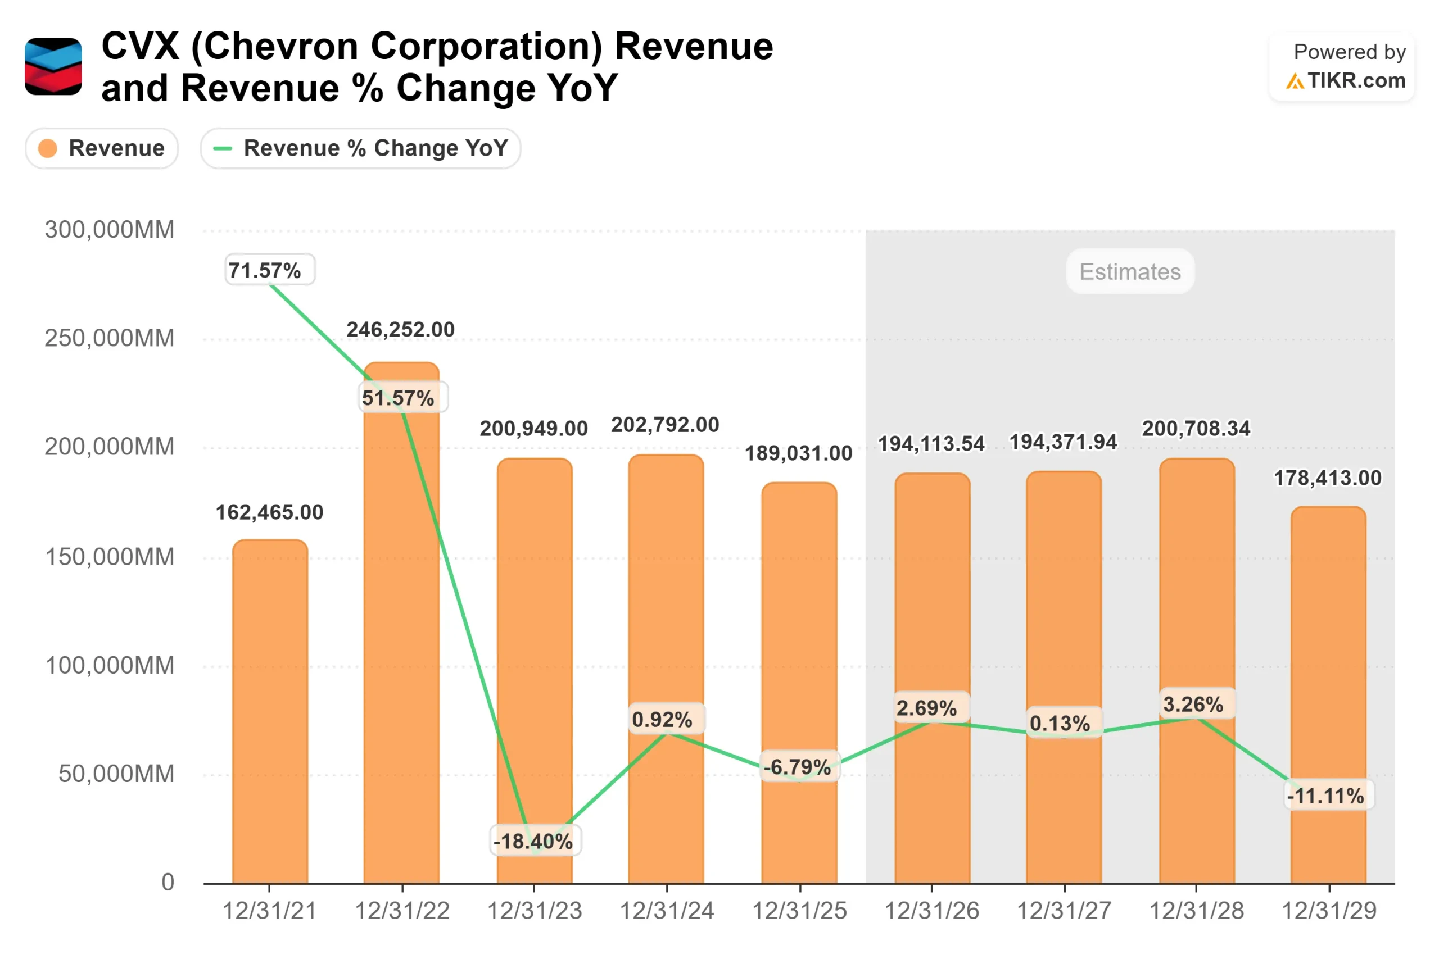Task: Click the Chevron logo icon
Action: [x=53, y=67]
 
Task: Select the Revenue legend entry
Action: [x=102, y=148]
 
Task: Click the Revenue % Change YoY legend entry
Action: [x=360, y=148]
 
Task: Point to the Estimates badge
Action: [x=1129, y=271]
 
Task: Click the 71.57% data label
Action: [x=270, y=270]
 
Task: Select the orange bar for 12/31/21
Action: [x=270, y=710]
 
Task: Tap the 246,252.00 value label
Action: [x=401, y=330]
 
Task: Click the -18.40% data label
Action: [x=534, y=841]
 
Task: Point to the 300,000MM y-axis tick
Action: [x=110, y=230]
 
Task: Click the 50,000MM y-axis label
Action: [x=116, y=774]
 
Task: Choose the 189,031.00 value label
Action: [x=798, y=453]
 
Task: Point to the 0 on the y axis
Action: [x=168, y=883]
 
